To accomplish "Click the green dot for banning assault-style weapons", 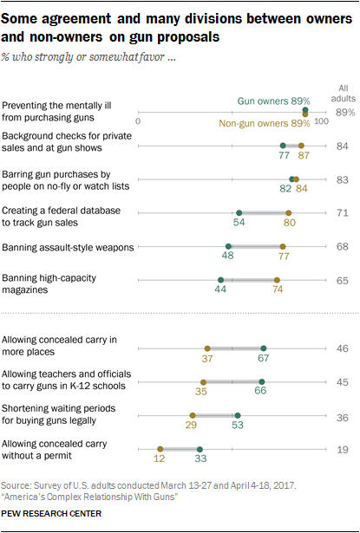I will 228,246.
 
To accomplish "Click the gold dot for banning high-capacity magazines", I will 277,280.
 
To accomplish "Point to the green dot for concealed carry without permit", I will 200,449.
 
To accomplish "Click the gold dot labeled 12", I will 160,449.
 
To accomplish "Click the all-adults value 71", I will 342,211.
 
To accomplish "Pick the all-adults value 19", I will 342,449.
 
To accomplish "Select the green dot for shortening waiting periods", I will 237,415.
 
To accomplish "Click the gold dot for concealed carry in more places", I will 207,348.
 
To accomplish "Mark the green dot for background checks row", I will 283,145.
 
